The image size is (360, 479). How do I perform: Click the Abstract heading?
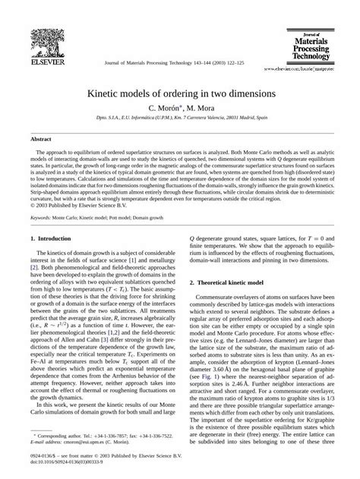coord(40,140)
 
